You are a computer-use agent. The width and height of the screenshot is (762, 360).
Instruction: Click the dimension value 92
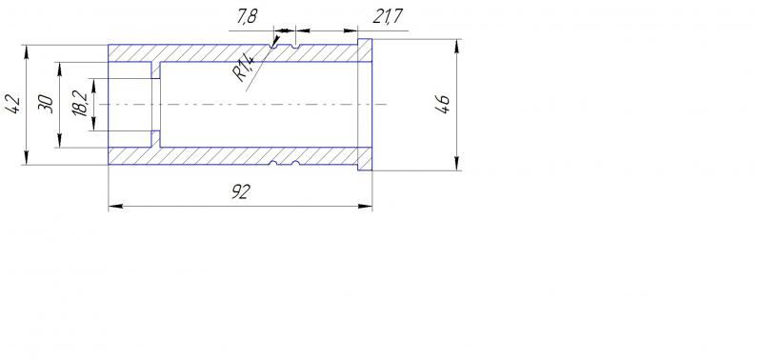pyautogui.click(x=240, y=192)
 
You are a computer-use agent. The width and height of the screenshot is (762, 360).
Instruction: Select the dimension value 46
pyautogui.click(x=443, y=105)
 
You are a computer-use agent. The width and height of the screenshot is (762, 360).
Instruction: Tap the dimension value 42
pyautogui.click(x=13, y=104)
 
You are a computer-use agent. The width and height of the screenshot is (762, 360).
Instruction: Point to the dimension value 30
pyautogui.click(x=46, y=104)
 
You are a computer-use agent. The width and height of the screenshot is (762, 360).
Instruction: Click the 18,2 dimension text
pyautogui.click(x=81, y=105)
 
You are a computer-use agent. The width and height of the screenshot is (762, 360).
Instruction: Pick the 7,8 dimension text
pyautogui.click(x=248, y=17)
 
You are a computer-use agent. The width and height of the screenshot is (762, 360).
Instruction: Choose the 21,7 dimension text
pyautogui.click(x=388, y=17)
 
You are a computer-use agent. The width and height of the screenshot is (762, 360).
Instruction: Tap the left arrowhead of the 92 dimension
pyautogui.click(x=114, y=207)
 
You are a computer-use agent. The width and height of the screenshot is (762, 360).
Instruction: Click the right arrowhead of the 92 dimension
pyautogui.click(x=366, y=207)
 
